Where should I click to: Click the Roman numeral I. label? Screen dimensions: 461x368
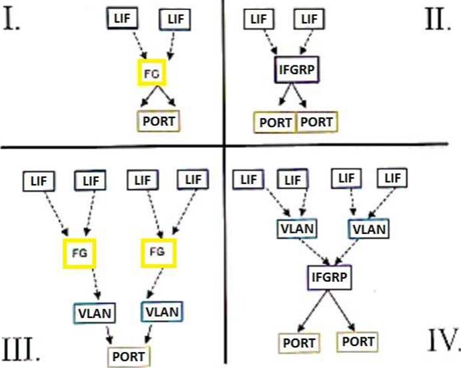(11, 19)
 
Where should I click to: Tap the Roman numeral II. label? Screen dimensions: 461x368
(438, 19)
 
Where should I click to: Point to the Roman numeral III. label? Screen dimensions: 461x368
(21, 349)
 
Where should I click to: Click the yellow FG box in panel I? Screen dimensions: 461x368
(152, 61)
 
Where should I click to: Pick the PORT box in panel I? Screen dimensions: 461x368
(159, 121)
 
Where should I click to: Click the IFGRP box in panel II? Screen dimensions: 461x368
(296, 70)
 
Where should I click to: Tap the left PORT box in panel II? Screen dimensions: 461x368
(275, 122)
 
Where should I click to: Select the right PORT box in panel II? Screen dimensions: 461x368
(317, 122)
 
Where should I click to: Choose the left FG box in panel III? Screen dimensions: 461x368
(79, 240)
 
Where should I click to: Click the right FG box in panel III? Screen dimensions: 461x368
(159, 240)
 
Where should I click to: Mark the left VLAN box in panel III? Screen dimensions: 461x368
(95, 313)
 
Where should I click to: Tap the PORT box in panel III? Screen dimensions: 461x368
(129, 357)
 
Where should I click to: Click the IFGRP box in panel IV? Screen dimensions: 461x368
(329, 277)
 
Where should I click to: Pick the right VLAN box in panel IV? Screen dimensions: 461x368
(368, 229)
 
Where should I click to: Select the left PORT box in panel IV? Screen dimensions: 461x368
(299, 343)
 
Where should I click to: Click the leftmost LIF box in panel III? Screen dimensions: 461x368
(39, 181)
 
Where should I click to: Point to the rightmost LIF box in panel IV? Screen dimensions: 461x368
(392, 178)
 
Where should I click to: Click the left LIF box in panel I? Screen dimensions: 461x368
(123, 19)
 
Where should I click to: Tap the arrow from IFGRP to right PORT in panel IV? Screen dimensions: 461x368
(342, 311)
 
